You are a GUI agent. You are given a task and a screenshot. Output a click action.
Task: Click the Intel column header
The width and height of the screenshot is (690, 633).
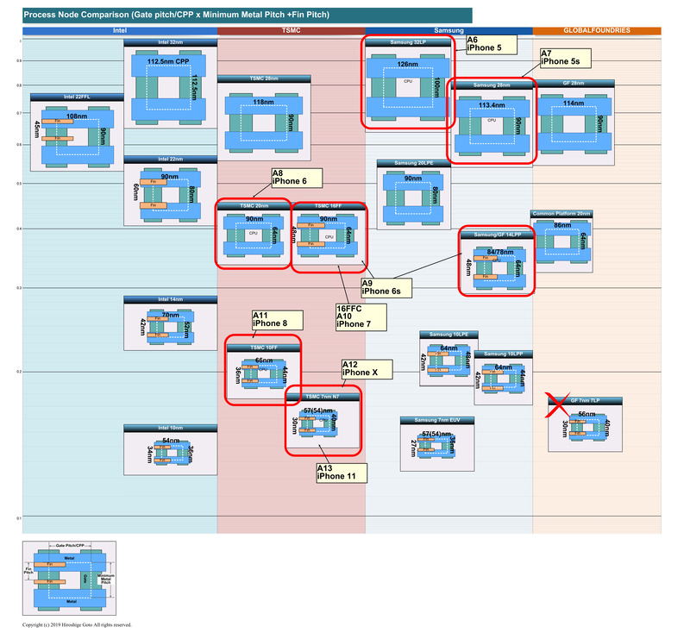click(119, 31)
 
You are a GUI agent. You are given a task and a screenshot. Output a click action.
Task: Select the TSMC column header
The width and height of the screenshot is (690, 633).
click(292, 31)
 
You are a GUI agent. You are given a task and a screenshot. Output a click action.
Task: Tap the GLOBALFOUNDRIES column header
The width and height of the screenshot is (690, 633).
click(597, 31)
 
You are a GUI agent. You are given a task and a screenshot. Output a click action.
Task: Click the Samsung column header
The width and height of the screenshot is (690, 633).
click(448, 31)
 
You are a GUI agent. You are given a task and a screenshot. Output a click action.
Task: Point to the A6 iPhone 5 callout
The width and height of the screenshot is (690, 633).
click(490, 45)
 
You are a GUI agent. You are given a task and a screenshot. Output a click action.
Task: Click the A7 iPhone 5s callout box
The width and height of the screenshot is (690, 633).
click(564, 58)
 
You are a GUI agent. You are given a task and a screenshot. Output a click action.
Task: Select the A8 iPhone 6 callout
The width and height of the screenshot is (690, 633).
click(296, 178)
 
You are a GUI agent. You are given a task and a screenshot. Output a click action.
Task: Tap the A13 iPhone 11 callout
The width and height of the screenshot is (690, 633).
click(341, 472)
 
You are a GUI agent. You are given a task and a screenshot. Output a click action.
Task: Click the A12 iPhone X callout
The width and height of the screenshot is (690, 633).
click(367, 369)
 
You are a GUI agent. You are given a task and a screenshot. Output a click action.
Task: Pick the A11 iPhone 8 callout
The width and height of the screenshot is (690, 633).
click(276, 320)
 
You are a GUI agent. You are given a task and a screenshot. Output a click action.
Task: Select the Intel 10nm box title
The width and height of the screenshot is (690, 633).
click(170, 429)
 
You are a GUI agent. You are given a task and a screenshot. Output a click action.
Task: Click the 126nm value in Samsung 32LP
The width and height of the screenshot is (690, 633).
click(407, 63)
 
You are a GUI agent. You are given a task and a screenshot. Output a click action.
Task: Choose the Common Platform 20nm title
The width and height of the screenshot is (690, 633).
click(561, 213)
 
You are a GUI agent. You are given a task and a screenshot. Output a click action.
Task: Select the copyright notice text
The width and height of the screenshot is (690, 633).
click(77, 624)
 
